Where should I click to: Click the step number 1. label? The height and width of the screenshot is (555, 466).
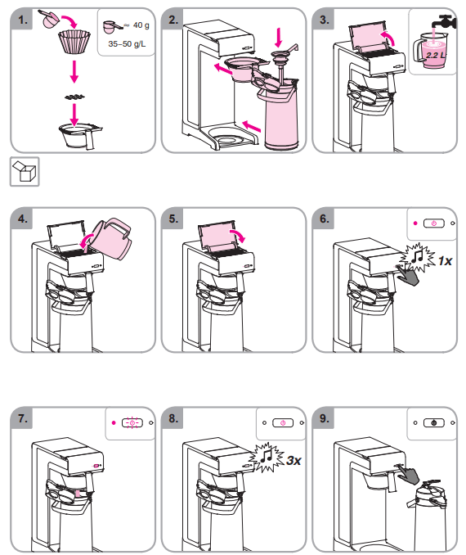pos(23,20)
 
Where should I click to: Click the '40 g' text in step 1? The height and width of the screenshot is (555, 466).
pos(141,25)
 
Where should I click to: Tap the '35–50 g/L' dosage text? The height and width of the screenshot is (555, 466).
pos(127,44)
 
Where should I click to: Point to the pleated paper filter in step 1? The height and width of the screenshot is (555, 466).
pos(74,42)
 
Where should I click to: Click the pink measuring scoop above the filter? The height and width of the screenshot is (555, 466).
pos(50,19)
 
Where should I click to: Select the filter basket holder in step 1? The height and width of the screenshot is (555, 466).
pos(80,135)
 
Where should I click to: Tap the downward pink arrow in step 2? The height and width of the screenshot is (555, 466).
pos(279,38)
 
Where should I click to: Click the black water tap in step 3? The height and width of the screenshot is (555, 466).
pos(444,22)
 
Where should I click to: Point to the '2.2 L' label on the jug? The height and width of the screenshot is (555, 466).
pos(436,55)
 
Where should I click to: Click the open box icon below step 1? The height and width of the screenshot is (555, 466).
pos(25,171)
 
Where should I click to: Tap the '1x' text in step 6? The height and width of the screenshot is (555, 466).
pos(445,261)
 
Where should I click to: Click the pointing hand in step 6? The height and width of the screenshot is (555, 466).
pos(408,274)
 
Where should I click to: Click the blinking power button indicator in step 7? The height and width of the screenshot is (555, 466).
pos(132,422)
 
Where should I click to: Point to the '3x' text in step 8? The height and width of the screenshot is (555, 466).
pos(293,461)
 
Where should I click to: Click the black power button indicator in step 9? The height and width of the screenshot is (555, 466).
pos(434,422)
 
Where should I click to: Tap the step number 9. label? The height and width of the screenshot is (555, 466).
pos(325,418)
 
